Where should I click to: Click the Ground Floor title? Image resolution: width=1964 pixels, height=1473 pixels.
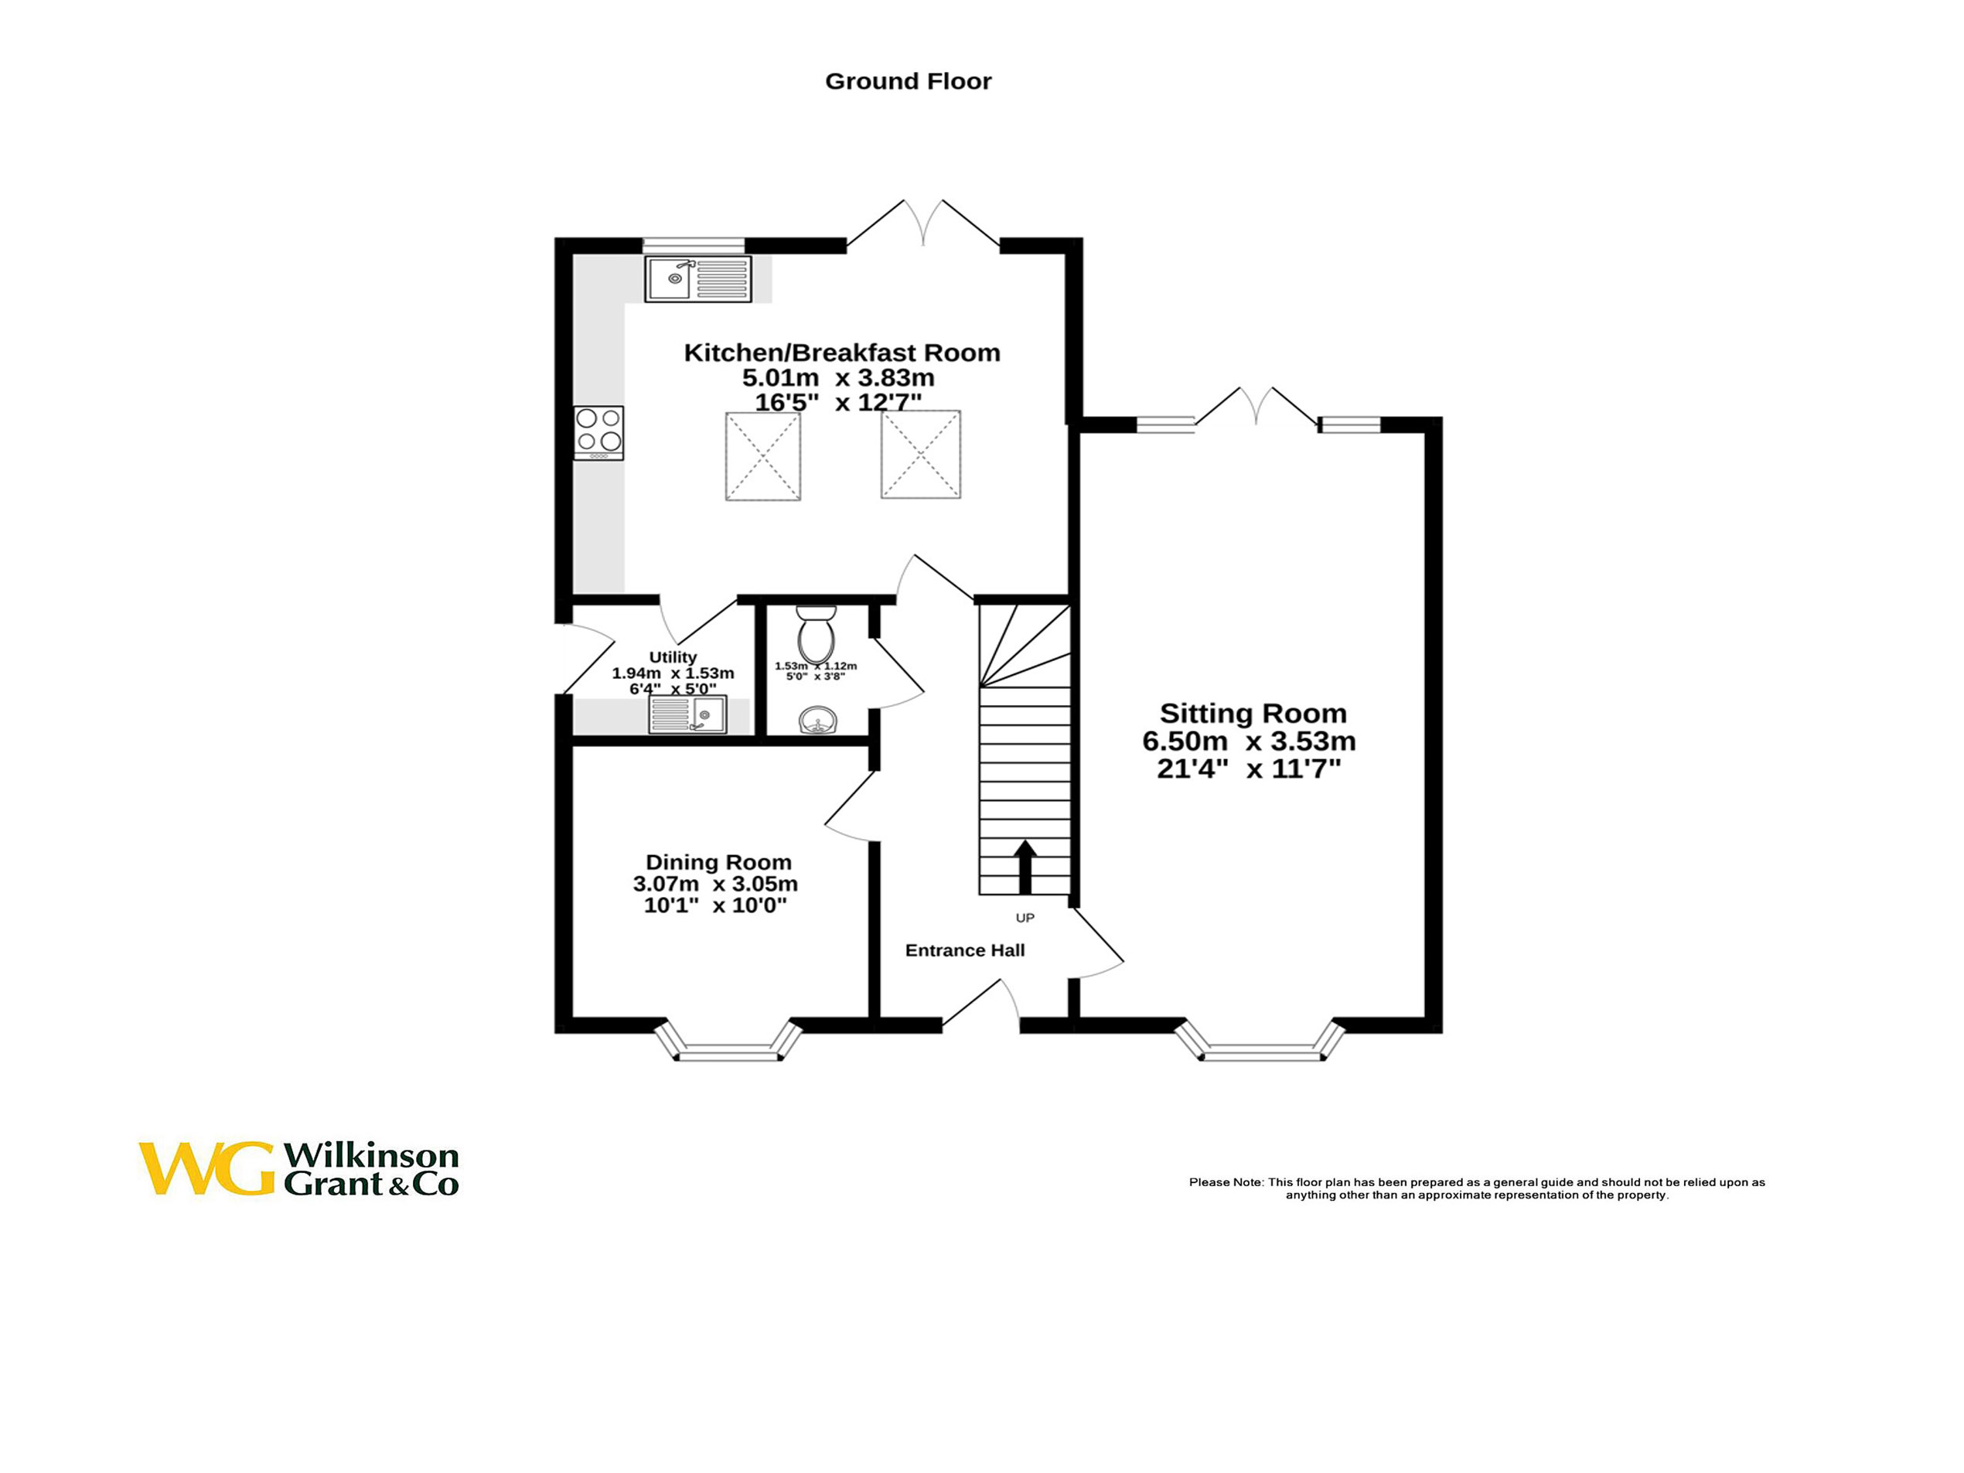908,82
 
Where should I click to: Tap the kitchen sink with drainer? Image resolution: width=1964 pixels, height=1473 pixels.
698,279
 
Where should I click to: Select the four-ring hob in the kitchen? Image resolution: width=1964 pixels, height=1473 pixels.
598,431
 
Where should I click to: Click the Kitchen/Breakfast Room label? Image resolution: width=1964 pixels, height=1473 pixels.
842,353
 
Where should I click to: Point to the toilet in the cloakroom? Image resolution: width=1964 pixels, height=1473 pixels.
816,634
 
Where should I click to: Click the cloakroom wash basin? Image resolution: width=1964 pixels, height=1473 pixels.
817,719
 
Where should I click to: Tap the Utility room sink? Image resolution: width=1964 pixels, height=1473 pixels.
687,714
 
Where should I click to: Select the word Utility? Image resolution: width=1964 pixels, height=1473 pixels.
672,657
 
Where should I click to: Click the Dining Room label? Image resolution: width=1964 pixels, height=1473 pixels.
718,862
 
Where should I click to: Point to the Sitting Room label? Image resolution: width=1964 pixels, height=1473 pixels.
1253,713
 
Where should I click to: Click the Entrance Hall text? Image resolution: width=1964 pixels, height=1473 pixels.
964,950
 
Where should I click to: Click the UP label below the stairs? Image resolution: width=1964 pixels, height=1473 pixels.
1025,918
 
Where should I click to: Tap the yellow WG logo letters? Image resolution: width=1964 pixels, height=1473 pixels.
206,1168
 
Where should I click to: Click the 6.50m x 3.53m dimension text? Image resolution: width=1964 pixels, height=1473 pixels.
1248,742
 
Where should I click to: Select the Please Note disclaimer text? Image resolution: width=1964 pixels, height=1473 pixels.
1477,1188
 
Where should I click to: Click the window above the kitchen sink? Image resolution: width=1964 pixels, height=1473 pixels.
694,244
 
